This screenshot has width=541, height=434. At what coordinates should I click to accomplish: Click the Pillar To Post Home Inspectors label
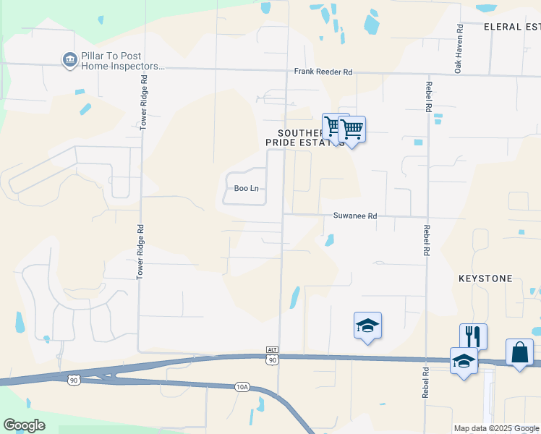click(x=121, y=61)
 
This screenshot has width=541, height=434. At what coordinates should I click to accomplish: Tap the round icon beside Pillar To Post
click(x=69, y=60)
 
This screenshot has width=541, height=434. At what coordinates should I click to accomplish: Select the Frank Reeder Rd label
click(x=323, y=72)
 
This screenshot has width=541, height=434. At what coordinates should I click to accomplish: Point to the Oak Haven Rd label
click(x=459, y=50)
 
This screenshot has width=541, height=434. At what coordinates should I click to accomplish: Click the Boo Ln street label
click(x=246, y=189)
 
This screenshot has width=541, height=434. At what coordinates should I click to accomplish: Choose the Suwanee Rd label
click(x=355, y=216)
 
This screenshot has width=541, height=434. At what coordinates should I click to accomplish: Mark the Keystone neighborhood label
click(x=485, y=278)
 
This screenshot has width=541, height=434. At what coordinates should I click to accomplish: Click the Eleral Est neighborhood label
click(x=512, y=27)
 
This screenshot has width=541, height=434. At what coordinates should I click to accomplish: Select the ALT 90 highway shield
click(x=272, y=355)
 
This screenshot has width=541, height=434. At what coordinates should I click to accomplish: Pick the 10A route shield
click(x=242, y=388)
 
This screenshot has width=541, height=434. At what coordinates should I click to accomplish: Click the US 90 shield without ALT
click(x=74, y=378)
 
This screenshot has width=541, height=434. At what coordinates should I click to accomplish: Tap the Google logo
click(x=24, y=425)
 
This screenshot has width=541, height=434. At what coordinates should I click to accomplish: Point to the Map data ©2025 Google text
click(x=497, y=428)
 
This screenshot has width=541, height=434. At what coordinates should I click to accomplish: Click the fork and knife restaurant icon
click(x=473, y=336)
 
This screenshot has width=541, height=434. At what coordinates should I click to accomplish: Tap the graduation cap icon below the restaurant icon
click(x=464, y=361)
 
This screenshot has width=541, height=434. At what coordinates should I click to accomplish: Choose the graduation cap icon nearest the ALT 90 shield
click(x=367, y=325)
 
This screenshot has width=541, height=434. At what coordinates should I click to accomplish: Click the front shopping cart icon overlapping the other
click(x=352, y=129)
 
